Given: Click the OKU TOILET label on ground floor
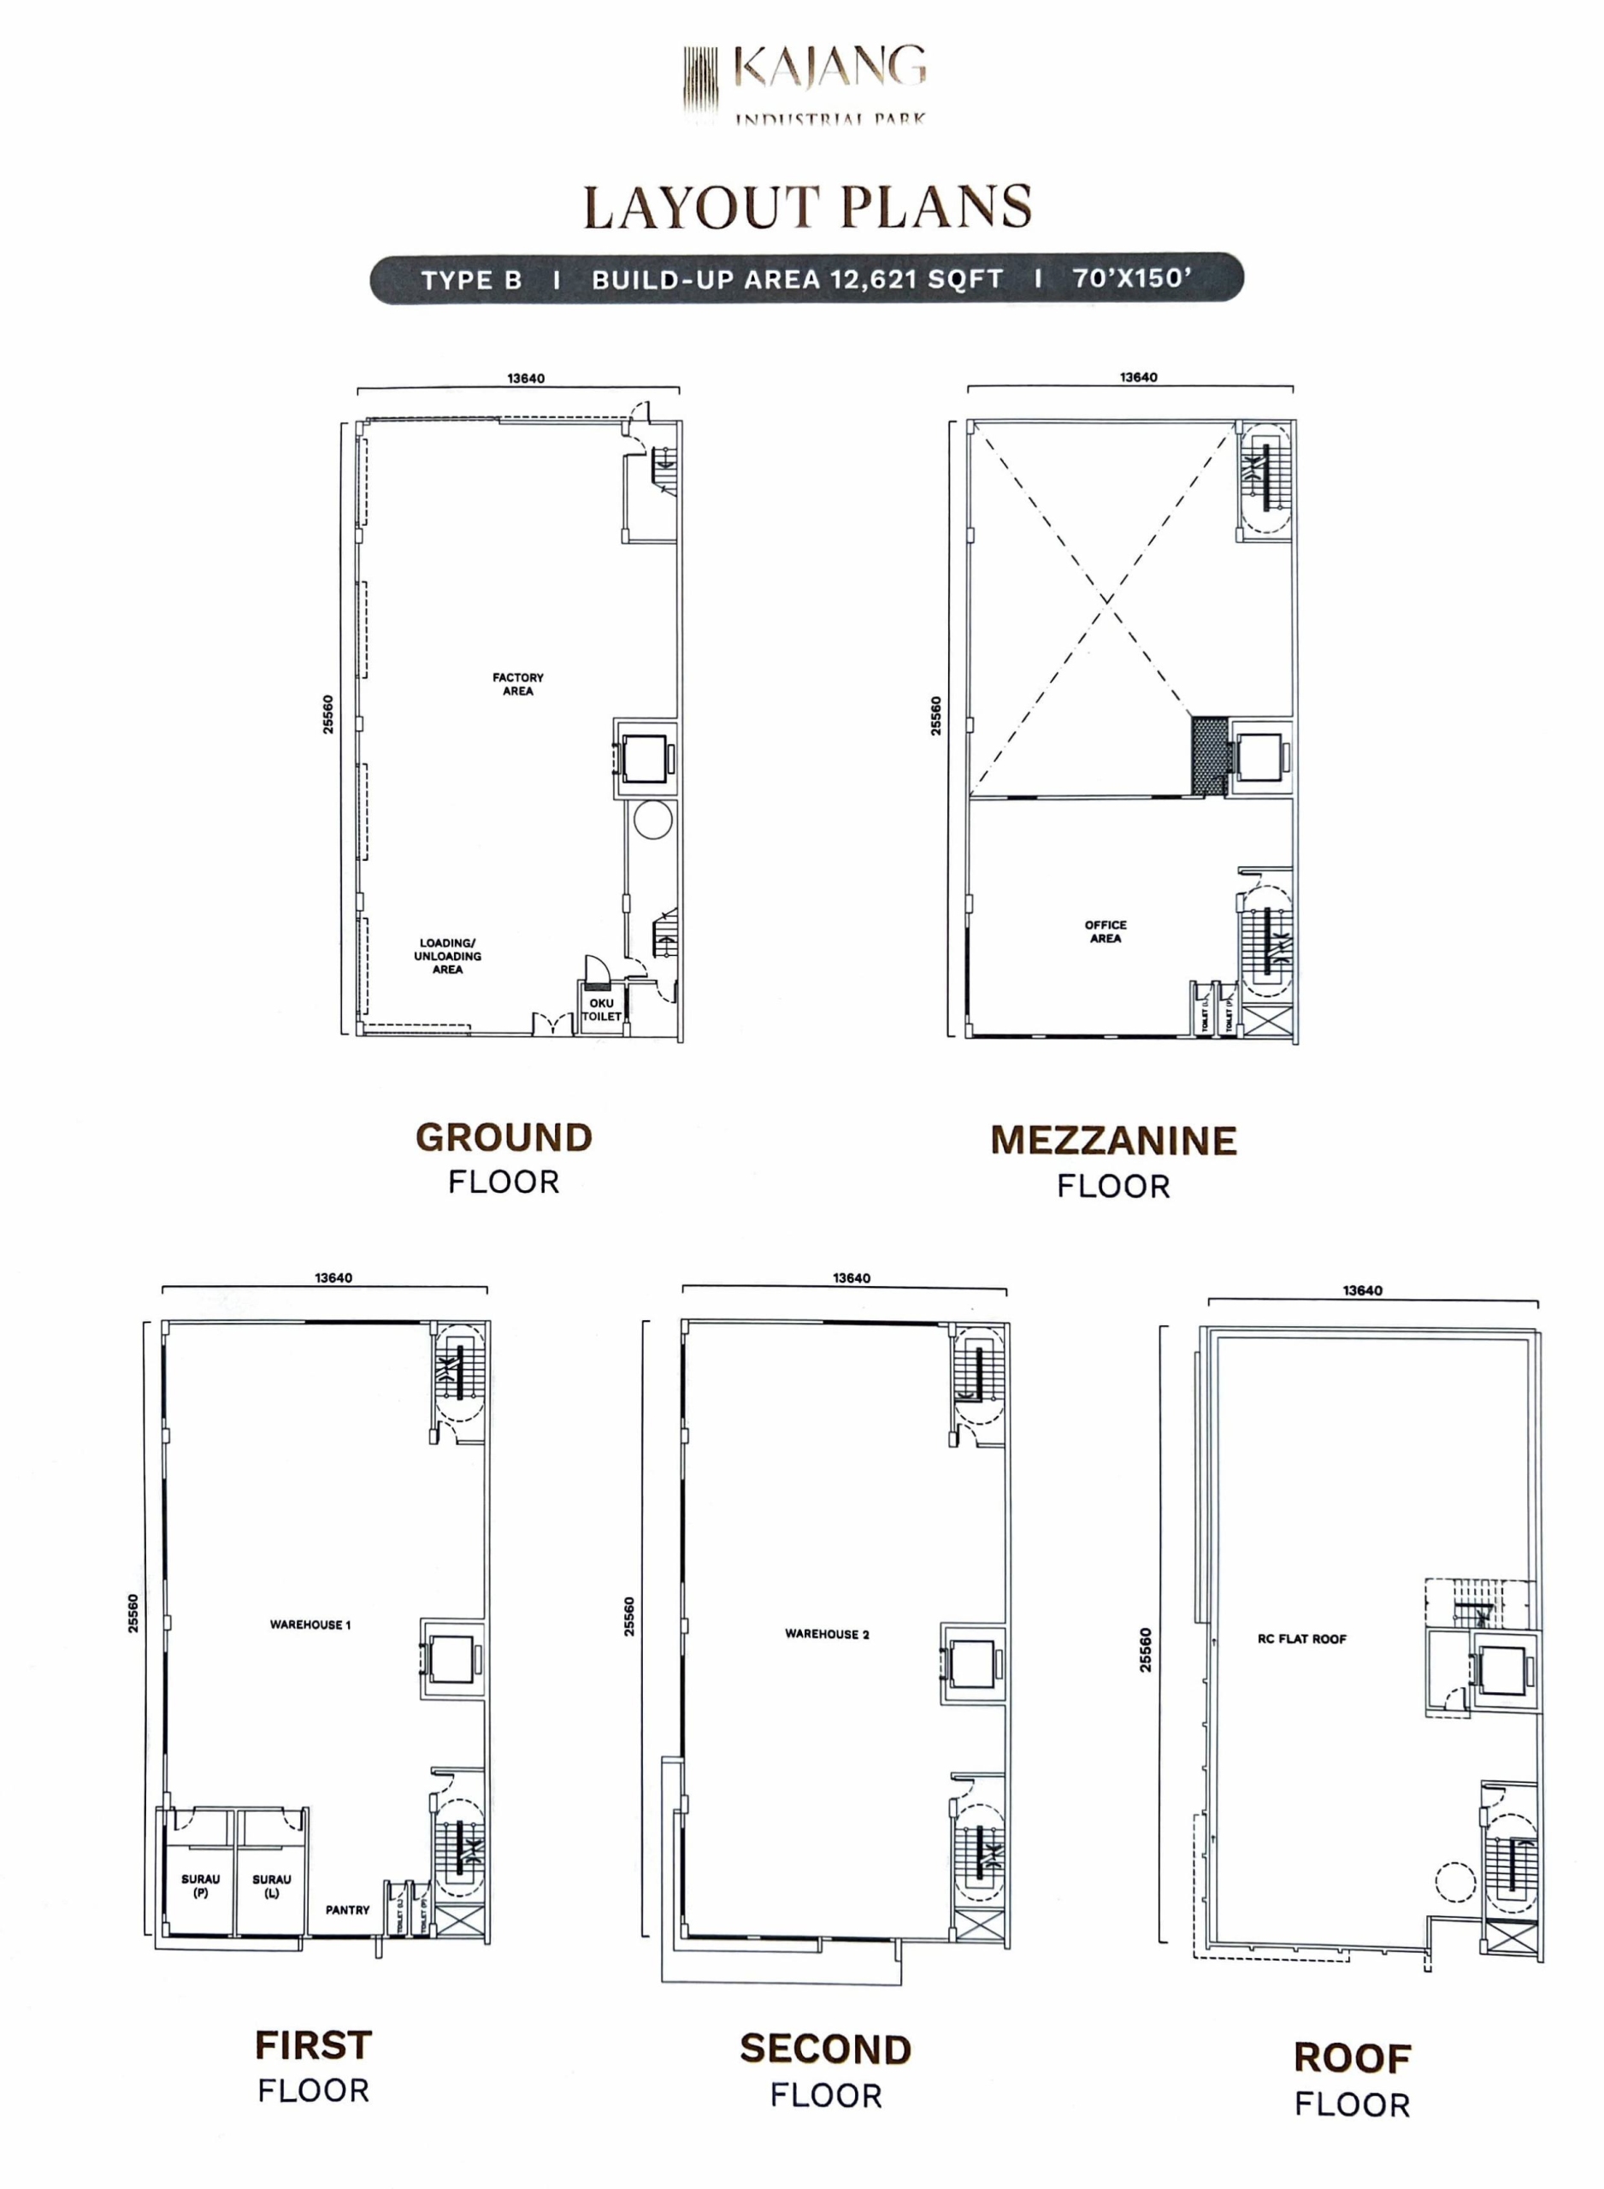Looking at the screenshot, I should (x=601, y=1010).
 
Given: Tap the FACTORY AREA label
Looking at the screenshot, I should (x=517, y=684).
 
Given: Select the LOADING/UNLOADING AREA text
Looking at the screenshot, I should (x=448, y=956).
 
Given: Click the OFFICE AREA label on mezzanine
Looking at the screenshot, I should (x=1105, y=932).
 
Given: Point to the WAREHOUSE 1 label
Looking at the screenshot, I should (x=310, y=1625).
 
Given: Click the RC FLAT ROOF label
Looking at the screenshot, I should (x=1301, y=1639).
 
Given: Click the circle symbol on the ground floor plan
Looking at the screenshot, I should (x=652, y=821).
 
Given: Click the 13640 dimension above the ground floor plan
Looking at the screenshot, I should (x=525, y=379).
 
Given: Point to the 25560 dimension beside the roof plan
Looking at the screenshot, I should (x=1146, y=1650).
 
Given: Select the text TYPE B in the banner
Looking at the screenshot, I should (x=471, y=280).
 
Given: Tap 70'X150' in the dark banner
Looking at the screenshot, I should (x=1131, y=279).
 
